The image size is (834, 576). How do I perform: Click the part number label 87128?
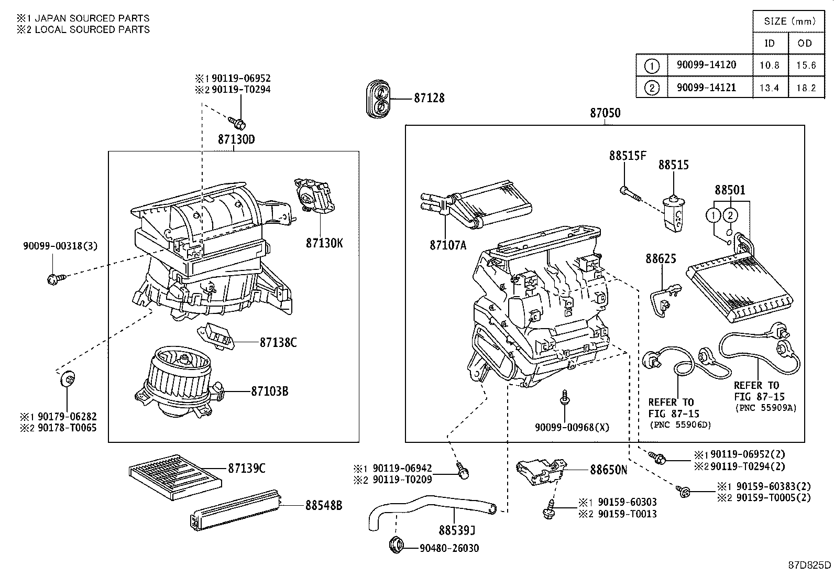click(x=429, y=98)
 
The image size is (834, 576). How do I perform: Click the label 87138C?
click(x=278, y=342)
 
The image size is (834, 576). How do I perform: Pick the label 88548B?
click(x=324, y=505)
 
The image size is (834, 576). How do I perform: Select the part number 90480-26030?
click(x=449, y=548)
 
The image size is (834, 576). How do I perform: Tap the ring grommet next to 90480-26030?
click(x=397, y=545)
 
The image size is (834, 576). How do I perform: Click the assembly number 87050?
click(x=605, y=113)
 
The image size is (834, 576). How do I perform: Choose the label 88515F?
click(x=627, y=156)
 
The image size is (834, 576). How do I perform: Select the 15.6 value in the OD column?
click(x=806, y=66)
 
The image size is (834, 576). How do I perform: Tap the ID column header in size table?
click(x=769, y=43)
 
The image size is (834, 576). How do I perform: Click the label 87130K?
click(x=324, y=243)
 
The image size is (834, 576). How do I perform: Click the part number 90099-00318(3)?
click(x=60, y=246)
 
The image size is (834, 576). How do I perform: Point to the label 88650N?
click(x=608, y=470)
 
